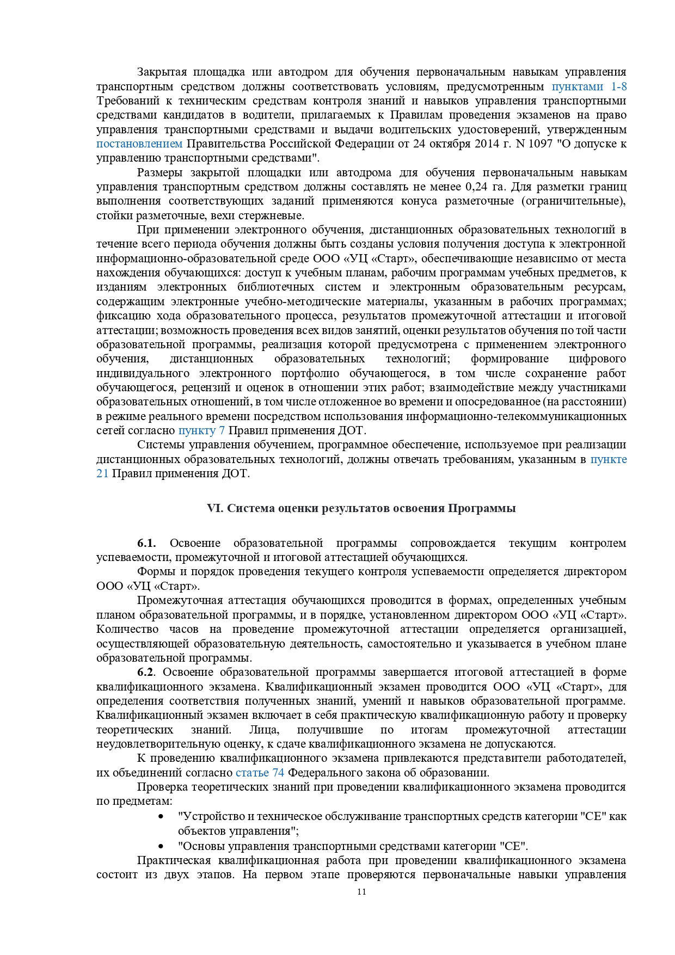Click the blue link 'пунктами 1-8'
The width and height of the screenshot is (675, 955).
pos(589,87)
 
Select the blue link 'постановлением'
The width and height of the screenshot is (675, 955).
pos(139,144)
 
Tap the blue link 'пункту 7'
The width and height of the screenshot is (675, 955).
pos(201,431)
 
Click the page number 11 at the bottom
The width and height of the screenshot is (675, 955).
pos(361,892)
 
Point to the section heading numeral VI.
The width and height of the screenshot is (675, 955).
pos(214,508)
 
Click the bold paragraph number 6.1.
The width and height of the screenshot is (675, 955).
pos(146,543)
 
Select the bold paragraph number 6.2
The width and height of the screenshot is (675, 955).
pos(146,672)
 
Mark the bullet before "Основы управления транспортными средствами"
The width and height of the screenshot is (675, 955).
pos(161,847)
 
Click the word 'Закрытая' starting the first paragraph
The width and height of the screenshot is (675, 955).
pos(162,72)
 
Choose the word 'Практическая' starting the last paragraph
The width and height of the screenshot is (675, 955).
pos(171,861)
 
